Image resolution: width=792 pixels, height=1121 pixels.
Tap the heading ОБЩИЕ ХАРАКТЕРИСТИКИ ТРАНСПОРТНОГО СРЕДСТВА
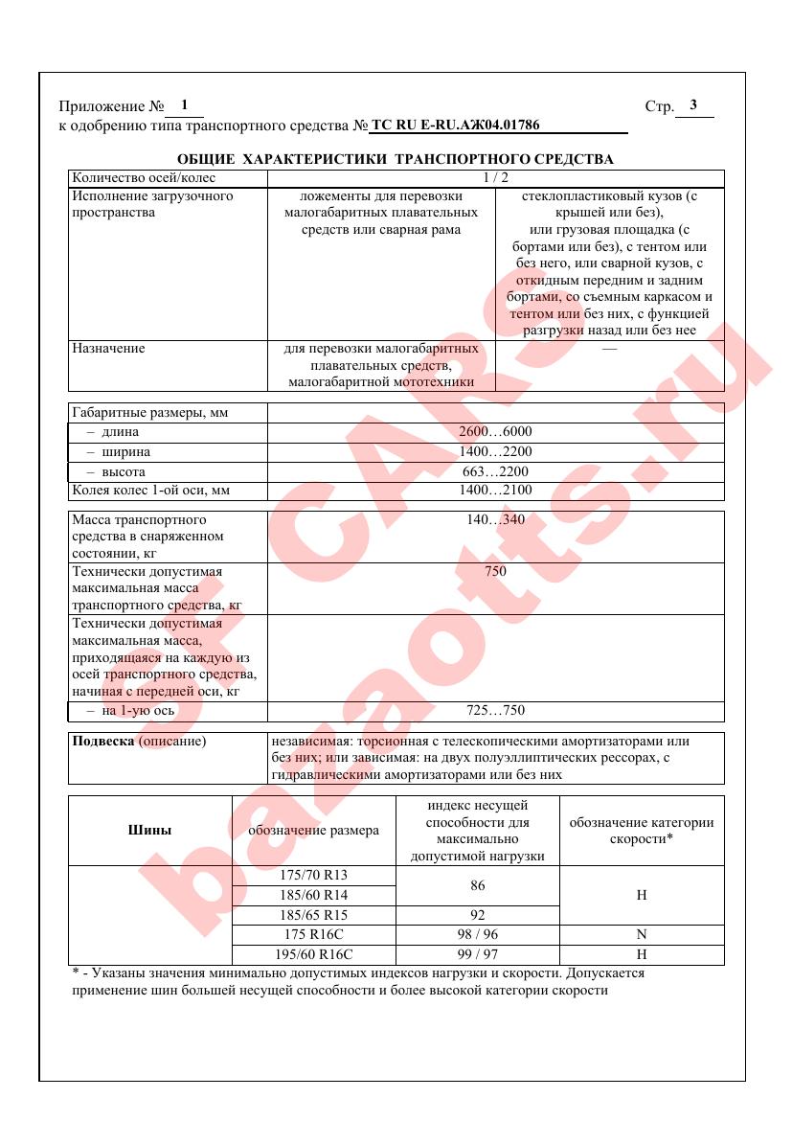click(396, 158)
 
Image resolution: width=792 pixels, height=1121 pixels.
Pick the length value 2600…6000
click(495, 432)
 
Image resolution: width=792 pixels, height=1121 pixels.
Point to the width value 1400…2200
click(495, 452)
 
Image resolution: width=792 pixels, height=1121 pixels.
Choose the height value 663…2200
click(495, 472)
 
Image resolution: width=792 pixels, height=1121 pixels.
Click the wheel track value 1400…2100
click(495, 491)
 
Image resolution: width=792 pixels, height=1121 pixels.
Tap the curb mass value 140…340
click(495, 520)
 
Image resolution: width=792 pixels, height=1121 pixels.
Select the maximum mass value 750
click(495, 572)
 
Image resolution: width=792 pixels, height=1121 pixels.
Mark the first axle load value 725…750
click(495, 711)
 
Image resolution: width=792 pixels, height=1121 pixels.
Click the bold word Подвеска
click(104, 742)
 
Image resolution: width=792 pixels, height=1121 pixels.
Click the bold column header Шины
click(149, 831)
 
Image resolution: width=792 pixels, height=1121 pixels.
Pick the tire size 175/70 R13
click(314, 876)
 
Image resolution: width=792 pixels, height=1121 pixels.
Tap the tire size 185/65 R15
click(314, 915)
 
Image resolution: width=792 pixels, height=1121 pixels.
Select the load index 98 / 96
click(477, 934)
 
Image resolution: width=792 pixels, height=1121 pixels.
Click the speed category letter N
click(642, 934)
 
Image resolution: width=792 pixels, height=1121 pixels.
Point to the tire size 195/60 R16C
click(314, 954)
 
